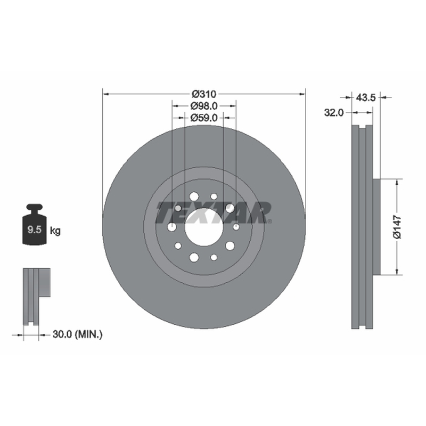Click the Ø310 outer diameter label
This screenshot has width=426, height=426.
(x=204, y=94)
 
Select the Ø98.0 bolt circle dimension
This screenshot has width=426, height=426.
(x=204, y=105)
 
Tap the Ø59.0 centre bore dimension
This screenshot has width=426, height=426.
(x=204, y=118)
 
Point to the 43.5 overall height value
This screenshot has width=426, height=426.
(x=366, y=97)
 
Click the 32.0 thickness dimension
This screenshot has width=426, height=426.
(x=334, y=112)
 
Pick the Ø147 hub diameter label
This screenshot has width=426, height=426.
(x=397, y=227)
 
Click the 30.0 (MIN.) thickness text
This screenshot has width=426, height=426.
(x=77, y=334)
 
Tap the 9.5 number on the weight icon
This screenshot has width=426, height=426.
(x=34, y=230)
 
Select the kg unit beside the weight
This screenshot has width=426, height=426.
(x=55, y=231)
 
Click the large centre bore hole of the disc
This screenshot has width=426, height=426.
(x=204, y=227)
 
